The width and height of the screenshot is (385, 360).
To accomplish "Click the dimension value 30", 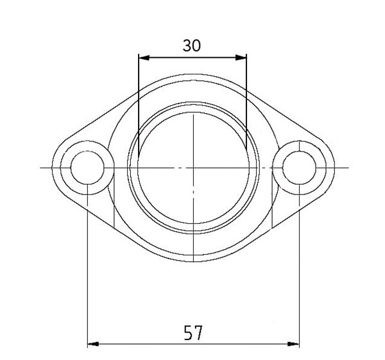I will (192, 46).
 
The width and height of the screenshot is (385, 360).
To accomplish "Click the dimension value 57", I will (193, 332).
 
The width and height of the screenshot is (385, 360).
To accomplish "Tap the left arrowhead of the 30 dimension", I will (143, 58).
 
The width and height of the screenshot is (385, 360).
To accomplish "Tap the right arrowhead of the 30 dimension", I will (243, 58).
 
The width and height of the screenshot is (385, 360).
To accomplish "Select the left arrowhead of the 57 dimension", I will (92, 345).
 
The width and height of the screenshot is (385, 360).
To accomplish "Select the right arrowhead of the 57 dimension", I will (295, 345).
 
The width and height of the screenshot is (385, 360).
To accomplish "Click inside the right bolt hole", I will (299, 168).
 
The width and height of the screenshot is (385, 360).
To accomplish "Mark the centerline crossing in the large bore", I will (193, 168).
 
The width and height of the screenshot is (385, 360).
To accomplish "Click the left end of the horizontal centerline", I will (41, 168).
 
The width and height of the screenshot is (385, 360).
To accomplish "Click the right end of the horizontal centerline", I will (346, 168).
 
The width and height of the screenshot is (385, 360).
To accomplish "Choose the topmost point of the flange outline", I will (193, 74).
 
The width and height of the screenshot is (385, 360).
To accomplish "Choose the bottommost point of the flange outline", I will (193, 261).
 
